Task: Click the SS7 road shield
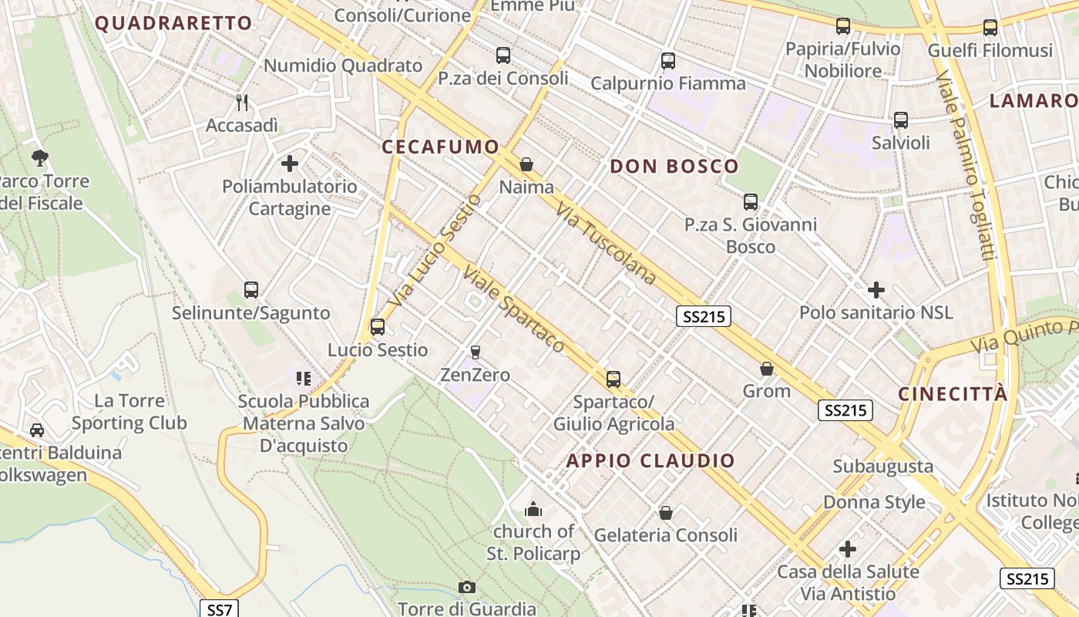(x=220, y=609)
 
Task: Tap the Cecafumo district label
(x=440, y=147)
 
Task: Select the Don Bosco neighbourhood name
(x=674, y=166)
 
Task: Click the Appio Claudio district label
(x=651, y=461)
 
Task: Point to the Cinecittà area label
(x=953, y=393)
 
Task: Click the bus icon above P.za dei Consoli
(x=503, y=56)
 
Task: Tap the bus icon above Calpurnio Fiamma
(x=668, y=60)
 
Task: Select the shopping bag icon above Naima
(x=526, y=164)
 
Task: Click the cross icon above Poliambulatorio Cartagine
(x=290, y=164)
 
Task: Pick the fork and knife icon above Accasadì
(x=242, y=102)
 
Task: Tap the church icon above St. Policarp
(x=533, y=509)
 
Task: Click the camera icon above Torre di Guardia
(x=466, y=588)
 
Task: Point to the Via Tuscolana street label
(x=606, y=244)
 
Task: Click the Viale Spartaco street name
(x=514, y=309)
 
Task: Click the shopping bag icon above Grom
(x=766, y=369)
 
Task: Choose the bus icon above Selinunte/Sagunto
(x=251, y=290)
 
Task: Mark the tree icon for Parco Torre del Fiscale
(x=39, y=159)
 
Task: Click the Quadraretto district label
(x=173, y=23)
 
